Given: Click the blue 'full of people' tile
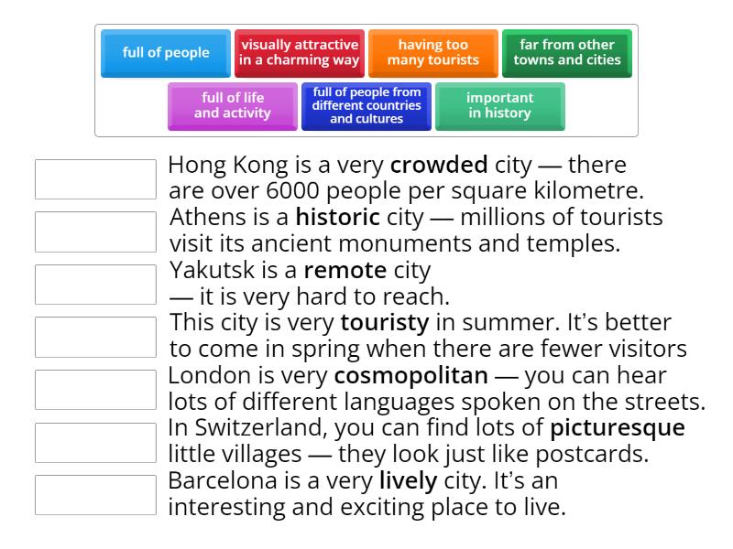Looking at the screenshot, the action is (x=166, y=53).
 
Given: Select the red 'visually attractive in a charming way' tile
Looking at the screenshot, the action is (x=300, y=53).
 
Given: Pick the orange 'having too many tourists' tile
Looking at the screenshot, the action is (x=432, y=53).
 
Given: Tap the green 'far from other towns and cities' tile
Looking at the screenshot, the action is (x=567, y=53).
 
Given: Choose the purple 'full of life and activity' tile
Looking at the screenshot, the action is (x=233, y=106).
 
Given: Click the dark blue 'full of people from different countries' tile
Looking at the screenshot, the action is (x=366, y=106).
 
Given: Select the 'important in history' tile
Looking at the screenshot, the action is (x=499, y=106).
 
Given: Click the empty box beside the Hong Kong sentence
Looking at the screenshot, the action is (x=95, y=179).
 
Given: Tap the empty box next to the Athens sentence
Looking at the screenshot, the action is (x=95, y=232).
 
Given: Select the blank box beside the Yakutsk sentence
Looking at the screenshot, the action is (x=95, y=285).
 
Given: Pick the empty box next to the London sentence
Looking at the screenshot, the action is (x=95, y=390).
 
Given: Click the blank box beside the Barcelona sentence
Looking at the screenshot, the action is (x=95, y=495).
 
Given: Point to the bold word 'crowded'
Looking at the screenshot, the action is (x=439, y=165).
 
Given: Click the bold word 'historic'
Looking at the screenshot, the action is (x=338, y=217).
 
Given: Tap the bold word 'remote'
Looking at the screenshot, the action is (x=345, y=270).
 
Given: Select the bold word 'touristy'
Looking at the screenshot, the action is (x=385, y=323).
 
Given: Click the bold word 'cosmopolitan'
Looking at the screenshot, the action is (x=411, y=376).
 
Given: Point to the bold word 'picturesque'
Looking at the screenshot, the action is (x=618, y=428).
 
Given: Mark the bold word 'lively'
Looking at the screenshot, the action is (x=409, y=481).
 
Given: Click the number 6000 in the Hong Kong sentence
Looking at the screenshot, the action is (x=292, y=191).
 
